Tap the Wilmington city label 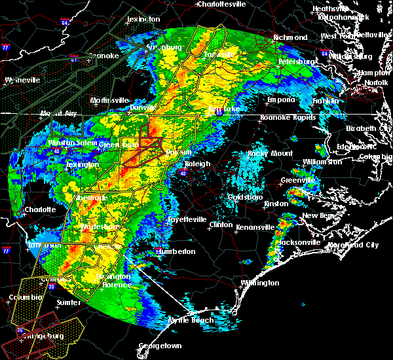tap(260, 283)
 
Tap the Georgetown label tap(160, 346)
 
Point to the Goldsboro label tap(245, 197)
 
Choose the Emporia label tap(280, 100)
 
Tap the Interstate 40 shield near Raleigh tap(184, 173)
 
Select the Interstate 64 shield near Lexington tap(65, 22)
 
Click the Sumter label tap(69, 302)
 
